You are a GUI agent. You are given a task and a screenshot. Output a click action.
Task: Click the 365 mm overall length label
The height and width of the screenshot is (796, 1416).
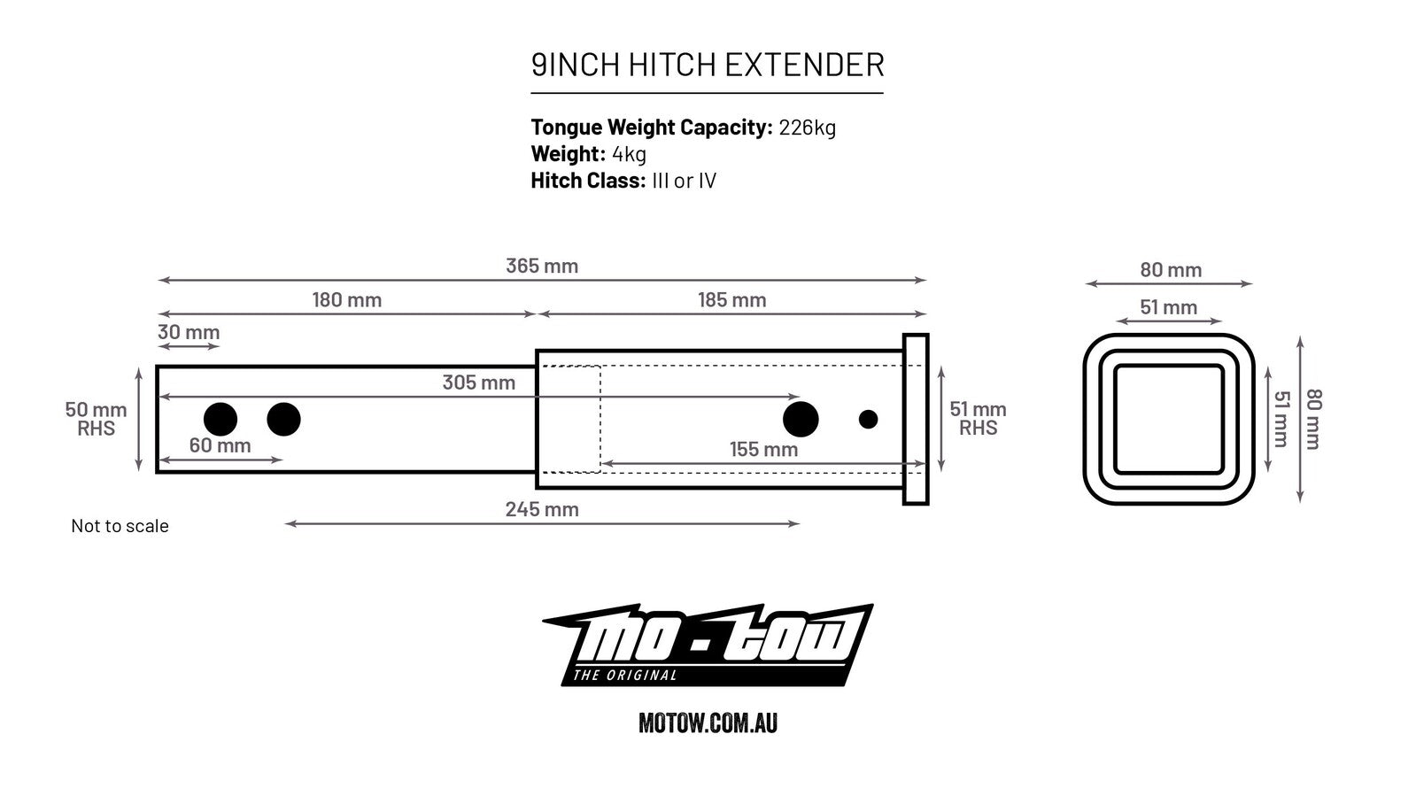click(x=541, y=266)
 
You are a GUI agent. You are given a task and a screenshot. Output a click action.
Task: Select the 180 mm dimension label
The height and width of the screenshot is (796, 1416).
click(x=346, y=300)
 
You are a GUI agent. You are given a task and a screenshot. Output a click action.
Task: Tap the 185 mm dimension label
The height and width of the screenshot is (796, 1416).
click(x=731, y=300)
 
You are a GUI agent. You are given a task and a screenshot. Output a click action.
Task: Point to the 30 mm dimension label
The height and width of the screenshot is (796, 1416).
click(x=189, y=333)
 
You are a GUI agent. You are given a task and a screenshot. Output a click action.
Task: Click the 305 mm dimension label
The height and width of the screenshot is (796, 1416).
click(x=478, y=383)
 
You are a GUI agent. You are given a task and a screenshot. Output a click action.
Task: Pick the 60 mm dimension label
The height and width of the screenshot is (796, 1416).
click(x=220, y=445)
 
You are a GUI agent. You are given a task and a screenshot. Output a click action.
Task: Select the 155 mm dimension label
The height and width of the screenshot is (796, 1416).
click(x=763, y=450)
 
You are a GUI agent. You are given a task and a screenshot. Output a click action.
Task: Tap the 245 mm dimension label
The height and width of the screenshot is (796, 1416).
click(x=542, y=509)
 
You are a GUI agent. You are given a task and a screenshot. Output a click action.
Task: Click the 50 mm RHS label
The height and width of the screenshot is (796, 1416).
click(x=96, y=419)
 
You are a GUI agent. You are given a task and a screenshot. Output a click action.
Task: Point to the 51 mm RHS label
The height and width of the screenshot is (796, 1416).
click(x=978, y=419)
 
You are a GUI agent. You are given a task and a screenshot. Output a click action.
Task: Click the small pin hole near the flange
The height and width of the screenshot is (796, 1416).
click(x=868, y=420)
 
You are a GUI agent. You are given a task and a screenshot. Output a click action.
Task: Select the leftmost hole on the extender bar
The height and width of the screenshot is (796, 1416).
click(x=221, y=420)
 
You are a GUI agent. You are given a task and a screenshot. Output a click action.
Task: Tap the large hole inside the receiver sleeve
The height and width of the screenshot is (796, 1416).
click(x=801, y=420)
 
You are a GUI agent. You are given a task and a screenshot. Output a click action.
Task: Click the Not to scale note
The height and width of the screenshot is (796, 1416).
click(x=120, y=526)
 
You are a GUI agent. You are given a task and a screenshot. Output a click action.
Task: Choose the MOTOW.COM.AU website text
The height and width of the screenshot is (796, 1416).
click(x=708, y=723)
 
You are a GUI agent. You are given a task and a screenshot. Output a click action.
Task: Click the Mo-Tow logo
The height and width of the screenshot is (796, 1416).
click(x=708, y=645)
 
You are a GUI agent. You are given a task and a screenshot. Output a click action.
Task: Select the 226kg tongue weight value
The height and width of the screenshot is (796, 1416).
click(x=807, y=128)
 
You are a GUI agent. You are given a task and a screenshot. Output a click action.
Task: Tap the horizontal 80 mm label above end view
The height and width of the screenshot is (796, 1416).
click(x=1170, y=270)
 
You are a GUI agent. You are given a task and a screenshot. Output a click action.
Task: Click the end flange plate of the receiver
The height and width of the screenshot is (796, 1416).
click(x=915, y=420)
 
